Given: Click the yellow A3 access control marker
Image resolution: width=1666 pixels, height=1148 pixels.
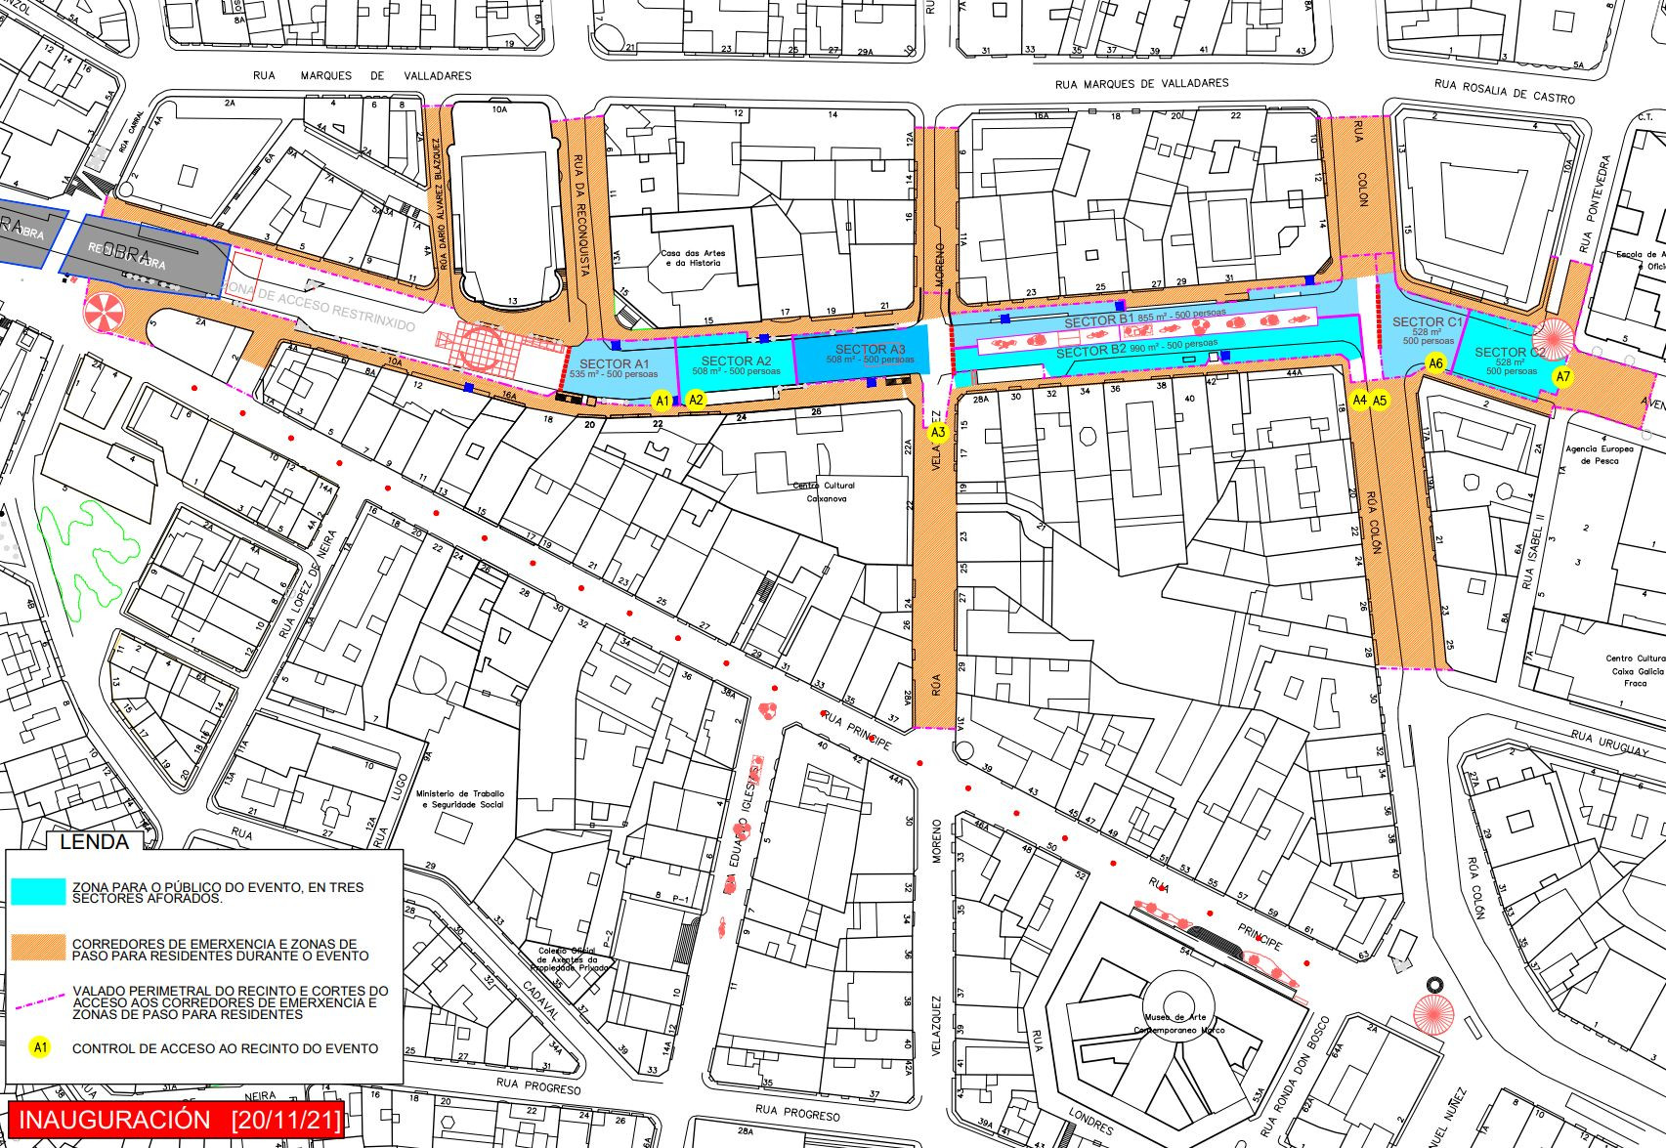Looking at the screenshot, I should pyautogui.click(x=938, y=432).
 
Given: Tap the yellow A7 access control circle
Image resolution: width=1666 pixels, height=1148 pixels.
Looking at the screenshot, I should pyautogui.click(x=1563, y=377).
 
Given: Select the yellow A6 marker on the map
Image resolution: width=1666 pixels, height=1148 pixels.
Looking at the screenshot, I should pyautogui.click(x=1435, y=363).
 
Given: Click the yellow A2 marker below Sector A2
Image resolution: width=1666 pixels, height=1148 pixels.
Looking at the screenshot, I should pyautogui.click(x=696, y=400).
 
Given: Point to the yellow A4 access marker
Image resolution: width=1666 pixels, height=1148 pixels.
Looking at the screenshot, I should pyautogui.click(x=1359, y=400).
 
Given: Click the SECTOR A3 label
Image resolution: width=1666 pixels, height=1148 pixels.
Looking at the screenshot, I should pyautogui.click(x=871, y=350).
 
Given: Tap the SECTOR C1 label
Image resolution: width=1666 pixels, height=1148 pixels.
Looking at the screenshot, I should pyautogui.click(x=1428, y=322).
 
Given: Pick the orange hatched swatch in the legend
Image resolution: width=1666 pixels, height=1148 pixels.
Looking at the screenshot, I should pyautogui.click(x=39, y=949).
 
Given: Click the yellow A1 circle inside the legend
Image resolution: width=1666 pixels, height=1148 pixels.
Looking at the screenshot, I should pyautogui.click(x=40, y=1047).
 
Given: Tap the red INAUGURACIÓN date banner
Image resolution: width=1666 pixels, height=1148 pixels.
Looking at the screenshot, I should pyautogui.click(x=176, y=1120).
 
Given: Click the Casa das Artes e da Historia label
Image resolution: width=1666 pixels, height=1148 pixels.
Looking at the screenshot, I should pyautogui.click(x=691, y=258).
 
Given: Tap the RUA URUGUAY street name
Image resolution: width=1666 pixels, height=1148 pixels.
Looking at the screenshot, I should pyautogui.click(x=1609, y=744).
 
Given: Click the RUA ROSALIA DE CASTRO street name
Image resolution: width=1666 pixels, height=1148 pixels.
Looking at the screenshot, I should pyautogui.click(x=1506, y=91).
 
